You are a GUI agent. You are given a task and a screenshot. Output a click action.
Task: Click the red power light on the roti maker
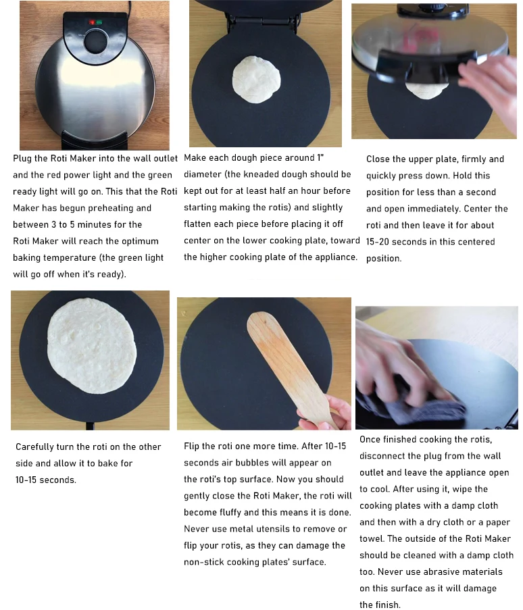pyautogui.click(x=93, y=22)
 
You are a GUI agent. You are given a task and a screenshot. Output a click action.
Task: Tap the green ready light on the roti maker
pyautogui.click(x=99, y=22)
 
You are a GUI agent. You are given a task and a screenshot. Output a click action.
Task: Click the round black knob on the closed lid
pyautogui.click(x=95, y=41)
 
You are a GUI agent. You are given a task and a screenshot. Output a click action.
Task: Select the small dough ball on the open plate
pyautogui.click(x=257, y=80)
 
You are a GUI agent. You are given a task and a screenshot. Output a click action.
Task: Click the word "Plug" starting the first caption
pyautogui.click(x=22, y=159)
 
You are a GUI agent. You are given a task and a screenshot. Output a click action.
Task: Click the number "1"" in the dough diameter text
pyautogui.click(x=320, y=157)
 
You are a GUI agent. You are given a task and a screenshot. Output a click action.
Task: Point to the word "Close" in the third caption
pyautogui.click(x=378, y=159)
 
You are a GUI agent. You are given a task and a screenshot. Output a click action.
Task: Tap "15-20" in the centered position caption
pyautogui.click(x=378, y=242)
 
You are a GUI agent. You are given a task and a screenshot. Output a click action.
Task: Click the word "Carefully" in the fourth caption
pyautogui.click(x=34, y=447)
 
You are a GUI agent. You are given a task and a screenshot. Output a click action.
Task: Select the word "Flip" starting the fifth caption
pyautogui.click(x=191, y=447)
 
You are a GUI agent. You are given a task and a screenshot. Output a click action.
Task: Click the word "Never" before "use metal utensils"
pyautogui.click(x=195, y=529)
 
